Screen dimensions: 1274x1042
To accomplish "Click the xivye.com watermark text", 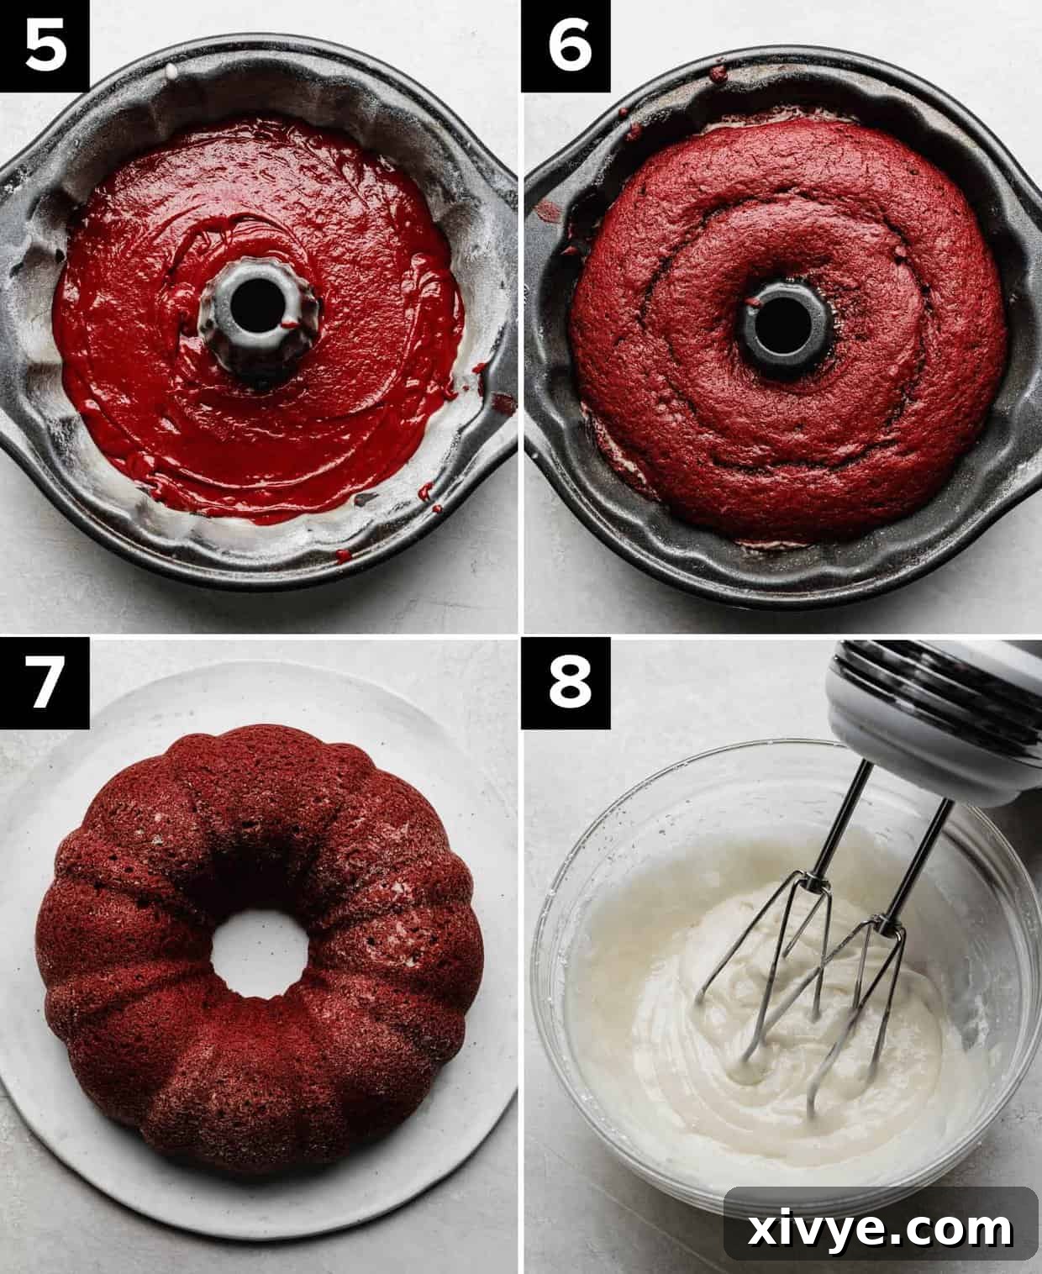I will coord(881,1229).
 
